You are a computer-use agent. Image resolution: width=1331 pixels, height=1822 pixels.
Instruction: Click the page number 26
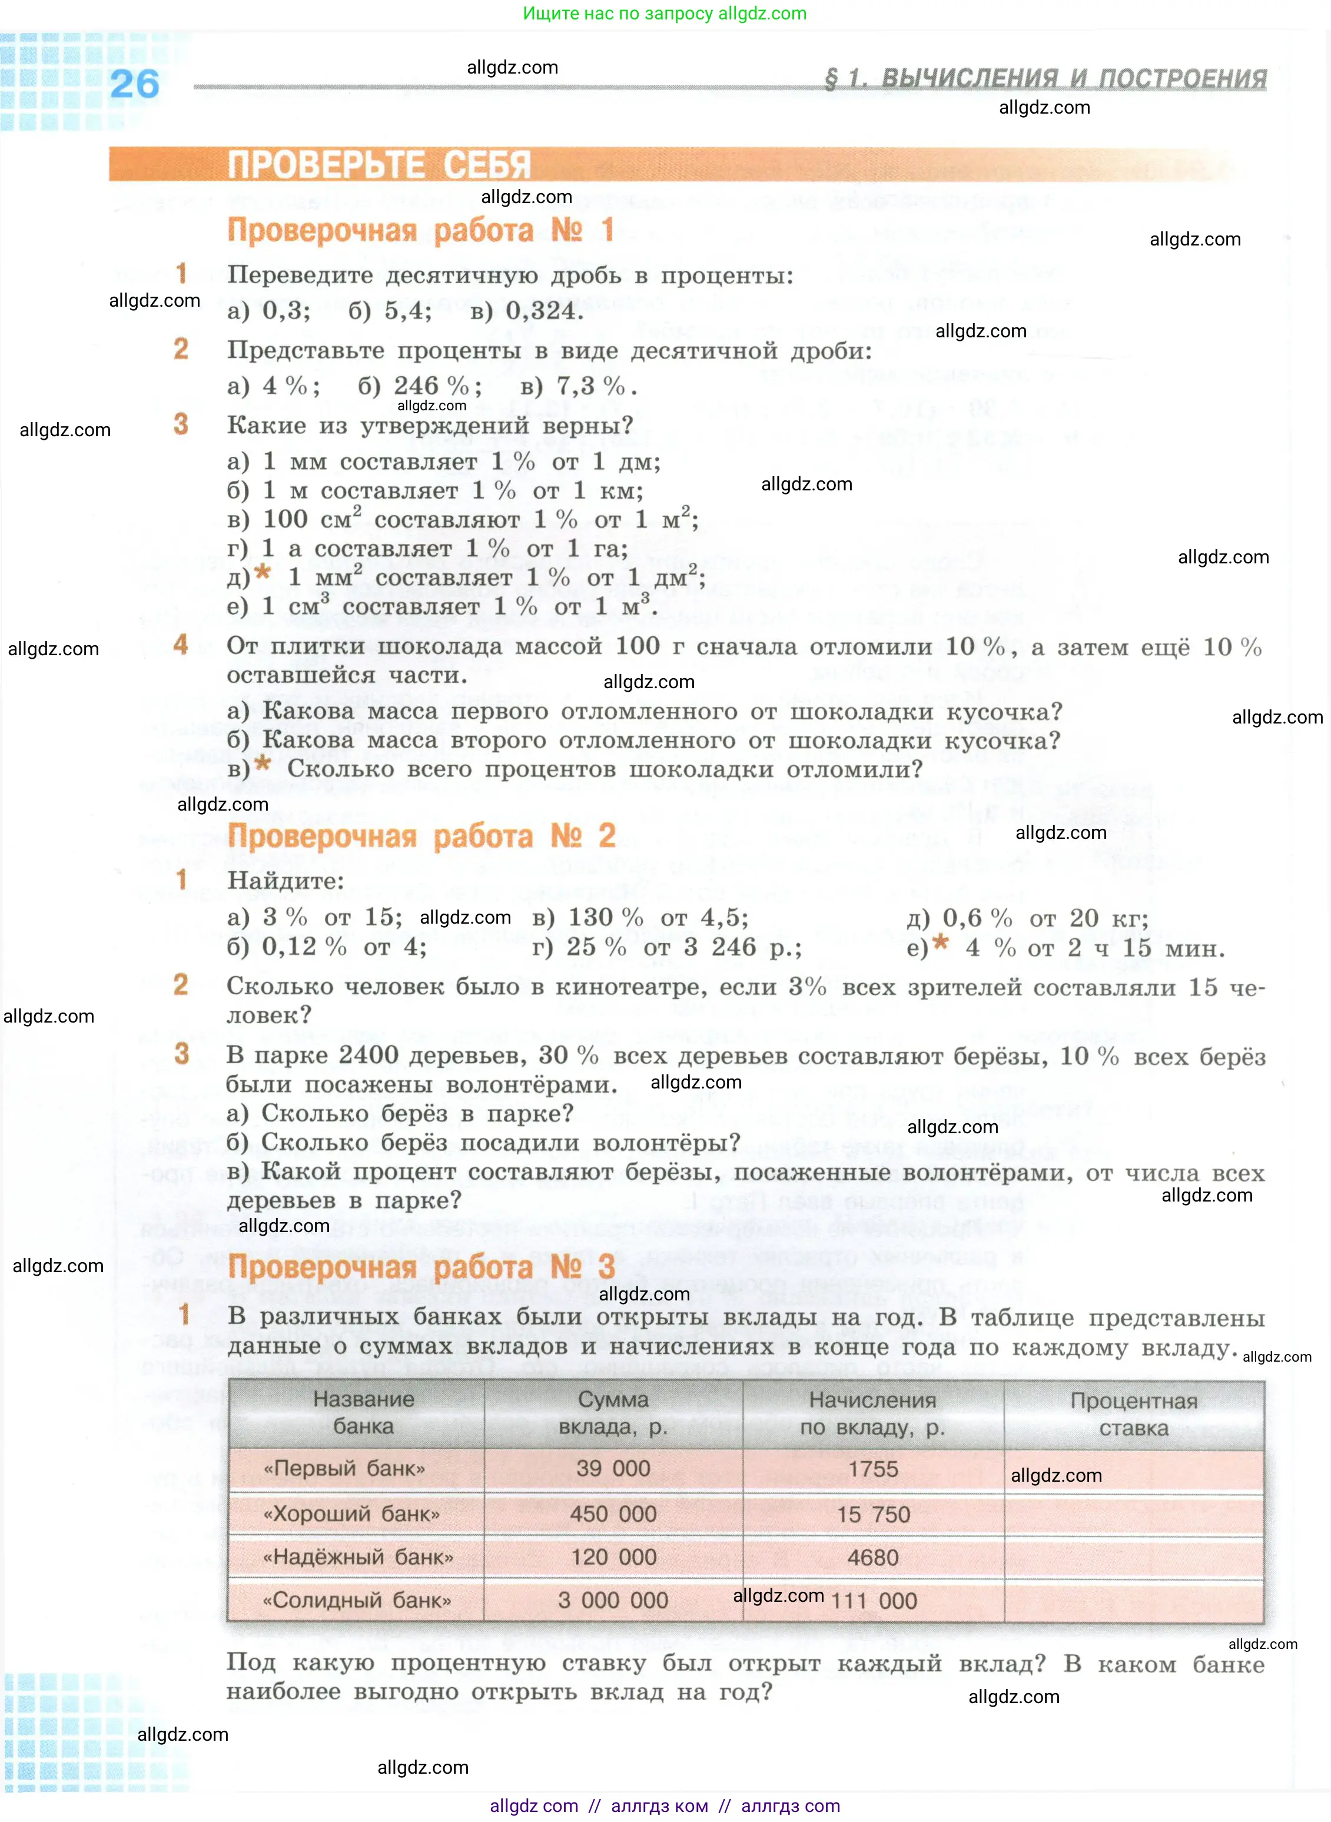coord(135,85)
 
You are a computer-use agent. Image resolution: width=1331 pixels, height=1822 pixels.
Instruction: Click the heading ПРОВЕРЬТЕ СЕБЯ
coord(379,165)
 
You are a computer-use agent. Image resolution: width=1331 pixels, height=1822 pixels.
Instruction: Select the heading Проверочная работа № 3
coord(421,1266)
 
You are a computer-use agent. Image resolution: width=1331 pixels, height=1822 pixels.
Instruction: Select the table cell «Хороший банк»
coord(352,1514)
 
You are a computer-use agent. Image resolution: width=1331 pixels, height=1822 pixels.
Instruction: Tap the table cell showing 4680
coord(872,1558)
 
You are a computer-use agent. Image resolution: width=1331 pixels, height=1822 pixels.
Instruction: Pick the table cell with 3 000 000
coord(613,1601)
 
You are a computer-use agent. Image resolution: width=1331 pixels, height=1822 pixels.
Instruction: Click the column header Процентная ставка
coord(1134,1415)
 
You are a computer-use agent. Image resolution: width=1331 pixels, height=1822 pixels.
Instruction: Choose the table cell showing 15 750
coord(872,1514)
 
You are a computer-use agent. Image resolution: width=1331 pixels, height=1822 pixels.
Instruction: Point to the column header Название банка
coord(363,1413)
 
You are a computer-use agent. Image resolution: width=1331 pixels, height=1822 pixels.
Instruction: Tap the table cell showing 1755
coord(872,1469)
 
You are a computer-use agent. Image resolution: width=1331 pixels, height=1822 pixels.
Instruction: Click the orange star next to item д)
coord(263,573)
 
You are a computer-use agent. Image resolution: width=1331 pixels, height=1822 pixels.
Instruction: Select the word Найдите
coord(285,881)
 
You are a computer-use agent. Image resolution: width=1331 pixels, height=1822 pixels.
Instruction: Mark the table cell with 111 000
coord(874,1601)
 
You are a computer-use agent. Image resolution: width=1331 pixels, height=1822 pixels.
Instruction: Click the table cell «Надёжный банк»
coord(359,1557)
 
